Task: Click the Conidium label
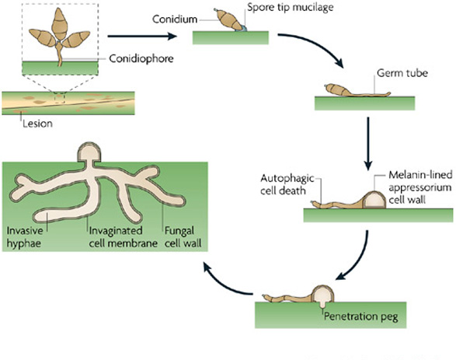point(175,19)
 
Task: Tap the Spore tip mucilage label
point(291,7)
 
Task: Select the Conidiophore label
point(141,59)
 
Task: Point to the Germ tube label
point(402,73)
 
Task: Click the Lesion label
point(37,124)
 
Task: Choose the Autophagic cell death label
point(287,184)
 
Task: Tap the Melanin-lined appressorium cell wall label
point(420,187)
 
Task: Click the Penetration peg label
point(361,316)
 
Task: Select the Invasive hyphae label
point(25,237)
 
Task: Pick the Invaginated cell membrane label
point(123,237)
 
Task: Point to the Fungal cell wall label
point(183,237)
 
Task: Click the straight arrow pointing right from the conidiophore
point(142,36)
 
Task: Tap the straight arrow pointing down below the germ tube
point(368,144)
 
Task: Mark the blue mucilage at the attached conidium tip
point(243,29)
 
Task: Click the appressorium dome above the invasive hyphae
point(89,152)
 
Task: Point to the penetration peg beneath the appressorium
point(322,306)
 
